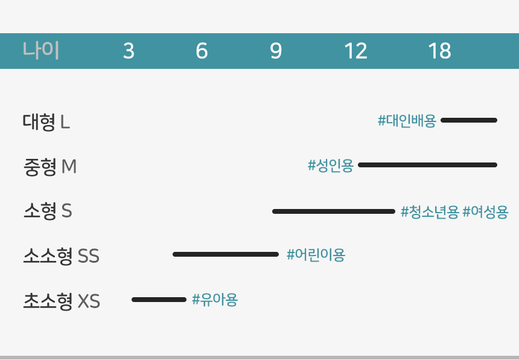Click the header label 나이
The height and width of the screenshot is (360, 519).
tap(40, 50)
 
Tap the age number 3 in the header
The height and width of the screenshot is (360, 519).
tap(129, 51)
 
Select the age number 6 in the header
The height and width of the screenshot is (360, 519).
tap(202, 51)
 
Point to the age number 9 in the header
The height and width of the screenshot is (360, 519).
tap(276, 51)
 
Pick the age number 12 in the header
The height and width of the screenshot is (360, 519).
tap(356, 51)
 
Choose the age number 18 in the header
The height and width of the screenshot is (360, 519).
tap(439, 51)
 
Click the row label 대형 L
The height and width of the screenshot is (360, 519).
tap(46, 121)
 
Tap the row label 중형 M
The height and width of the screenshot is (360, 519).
tap(50, 166)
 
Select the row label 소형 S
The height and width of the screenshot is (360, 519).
tap(48, 211)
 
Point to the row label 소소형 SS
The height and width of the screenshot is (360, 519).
tap(61, 256)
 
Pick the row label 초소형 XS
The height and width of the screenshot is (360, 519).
tap(62, 301)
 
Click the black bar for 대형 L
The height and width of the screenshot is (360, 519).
tap(469, 120)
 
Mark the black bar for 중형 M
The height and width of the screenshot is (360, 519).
tap(428, 165)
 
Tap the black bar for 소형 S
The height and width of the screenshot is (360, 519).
tap(334, 211)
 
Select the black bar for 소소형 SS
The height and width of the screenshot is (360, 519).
tap(226, 254)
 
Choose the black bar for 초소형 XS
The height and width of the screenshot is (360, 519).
tap(159, 300)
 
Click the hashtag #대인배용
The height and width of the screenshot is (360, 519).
tap(407, 121)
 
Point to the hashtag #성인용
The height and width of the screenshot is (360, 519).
tap(331, 166)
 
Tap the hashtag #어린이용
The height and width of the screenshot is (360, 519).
tap(316, 255)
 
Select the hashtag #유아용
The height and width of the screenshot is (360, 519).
tap(215, 300)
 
